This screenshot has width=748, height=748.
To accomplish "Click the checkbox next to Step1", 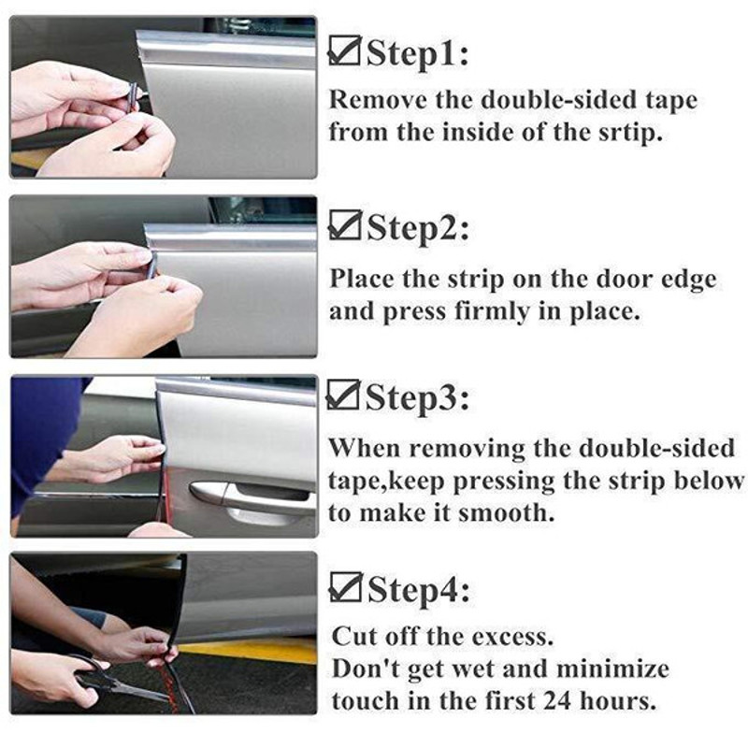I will (343, 53).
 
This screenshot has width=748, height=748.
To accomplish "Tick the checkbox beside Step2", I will (343, 225).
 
